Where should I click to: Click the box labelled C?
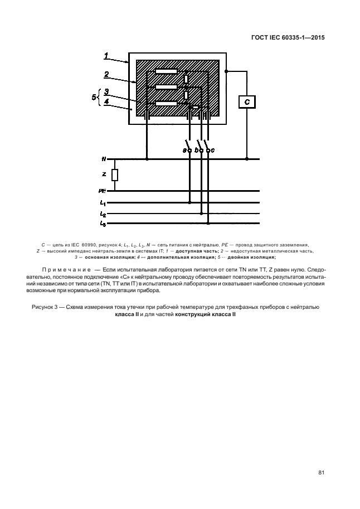tap(246, 103)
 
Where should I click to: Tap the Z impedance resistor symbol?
tap(115, 175)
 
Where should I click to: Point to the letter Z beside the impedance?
tap(104, 174)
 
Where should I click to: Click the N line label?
tap(104, 159)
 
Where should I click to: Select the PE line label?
tap(103, 191)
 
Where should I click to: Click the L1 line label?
tap(103, 202)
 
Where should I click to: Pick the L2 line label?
tap(103, 213)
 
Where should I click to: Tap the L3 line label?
tap(103, 224)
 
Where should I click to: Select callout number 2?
tap(106, 73)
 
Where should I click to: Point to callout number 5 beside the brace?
tap(93, 97)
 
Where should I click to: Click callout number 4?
tap(106, 102)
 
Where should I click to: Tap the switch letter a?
tap(184, 150)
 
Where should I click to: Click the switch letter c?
tap(213, 150)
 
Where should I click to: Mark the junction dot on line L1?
tap(190, 202)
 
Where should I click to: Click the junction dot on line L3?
tap(209, 224)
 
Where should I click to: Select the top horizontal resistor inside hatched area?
tap(166, 71)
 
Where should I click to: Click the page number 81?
tap(322, 473)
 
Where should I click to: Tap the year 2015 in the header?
tap(315, 38)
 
